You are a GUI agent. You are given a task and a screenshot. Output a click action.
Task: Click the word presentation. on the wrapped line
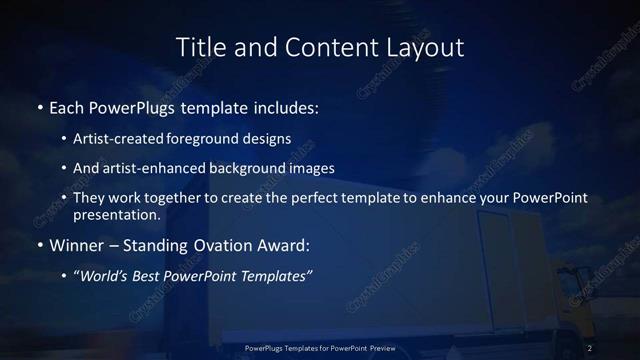coord(116,214)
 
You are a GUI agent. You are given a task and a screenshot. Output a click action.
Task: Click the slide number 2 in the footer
coord(591,347)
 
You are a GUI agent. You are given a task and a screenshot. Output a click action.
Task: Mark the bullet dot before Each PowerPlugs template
coord(40,106)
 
